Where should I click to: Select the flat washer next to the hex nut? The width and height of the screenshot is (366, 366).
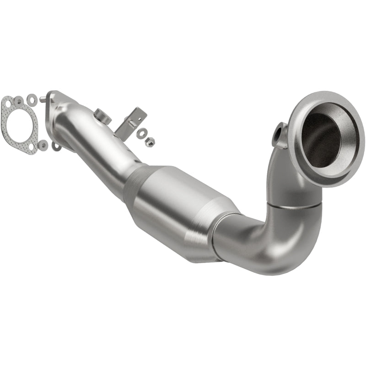click(x=142, y=134)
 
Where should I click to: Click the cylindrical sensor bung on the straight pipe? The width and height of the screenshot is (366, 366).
click(x=103, y=117)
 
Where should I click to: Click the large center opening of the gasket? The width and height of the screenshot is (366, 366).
click(x=21, y=124)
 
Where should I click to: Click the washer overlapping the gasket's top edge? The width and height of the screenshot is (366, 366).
click(x=19, y=101)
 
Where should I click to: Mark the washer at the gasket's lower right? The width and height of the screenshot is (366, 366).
click(x=43, y=145)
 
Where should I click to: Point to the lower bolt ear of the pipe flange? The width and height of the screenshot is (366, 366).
click(x=56, y=146)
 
